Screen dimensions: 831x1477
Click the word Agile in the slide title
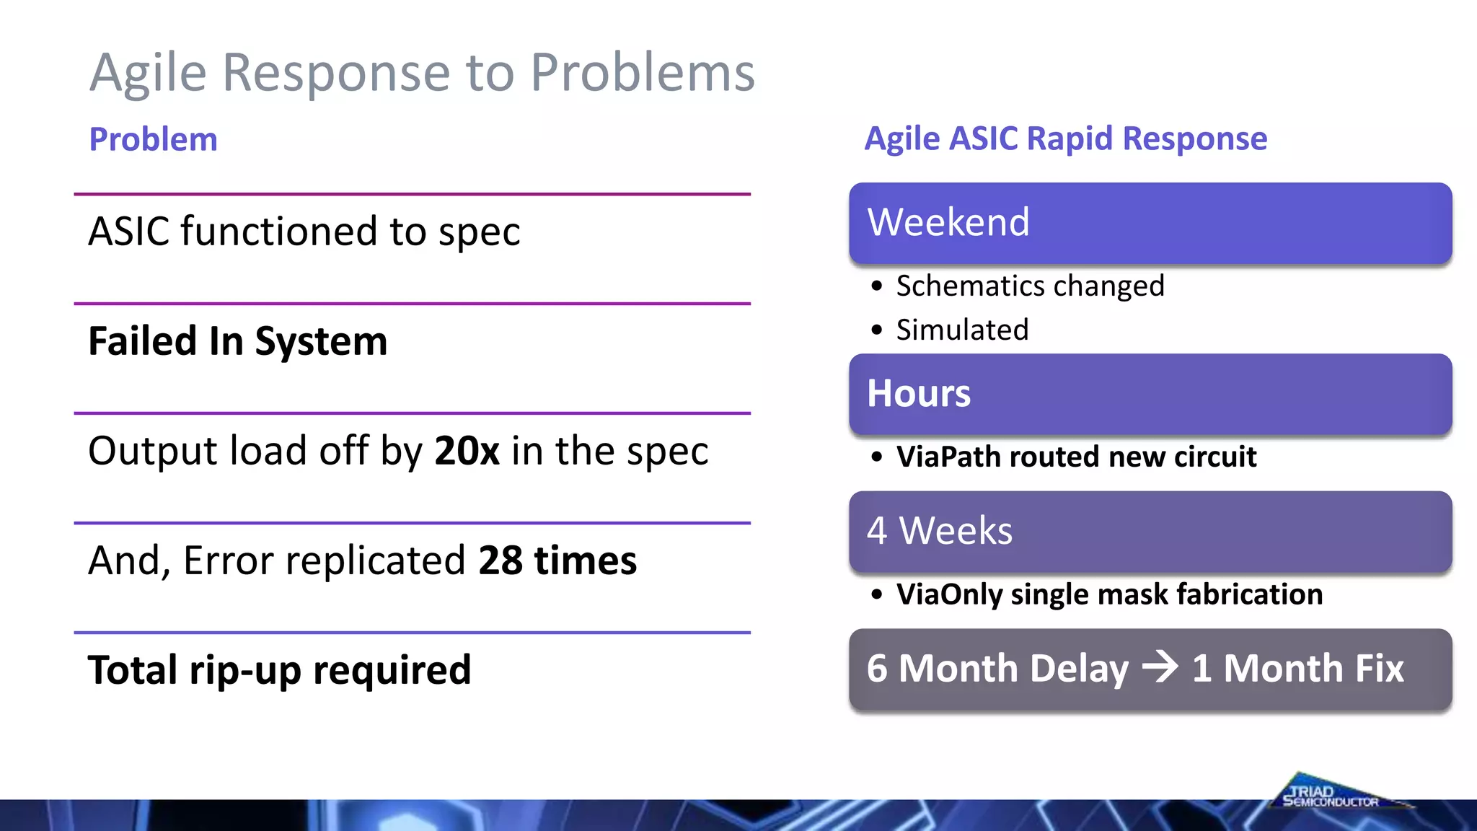tap(148, 74)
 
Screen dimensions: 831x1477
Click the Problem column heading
tap(153, 139)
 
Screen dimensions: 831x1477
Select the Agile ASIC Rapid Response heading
tap(1065, 138)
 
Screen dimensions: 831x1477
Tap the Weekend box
tap(1150, 223)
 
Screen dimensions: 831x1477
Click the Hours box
tap(1150, 394)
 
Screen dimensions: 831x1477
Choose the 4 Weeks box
tap(1150, 532)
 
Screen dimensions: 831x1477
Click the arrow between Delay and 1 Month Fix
tap(1160, 667)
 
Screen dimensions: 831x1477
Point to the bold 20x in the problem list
tap(467, 452)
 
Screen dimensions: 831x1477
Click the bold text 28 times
tap(557, 560)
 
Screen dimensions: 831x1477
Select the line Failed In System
tap(237, 341)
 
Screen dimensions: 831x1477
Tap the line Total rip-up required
tap(279, 670)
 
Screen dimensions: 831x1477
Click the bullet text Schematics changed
tap(1030, 286)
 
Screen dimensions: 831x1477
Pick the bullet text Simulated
tap(962, 330)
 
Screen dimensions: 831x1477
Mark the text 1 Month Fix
tap(1297, 668)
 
